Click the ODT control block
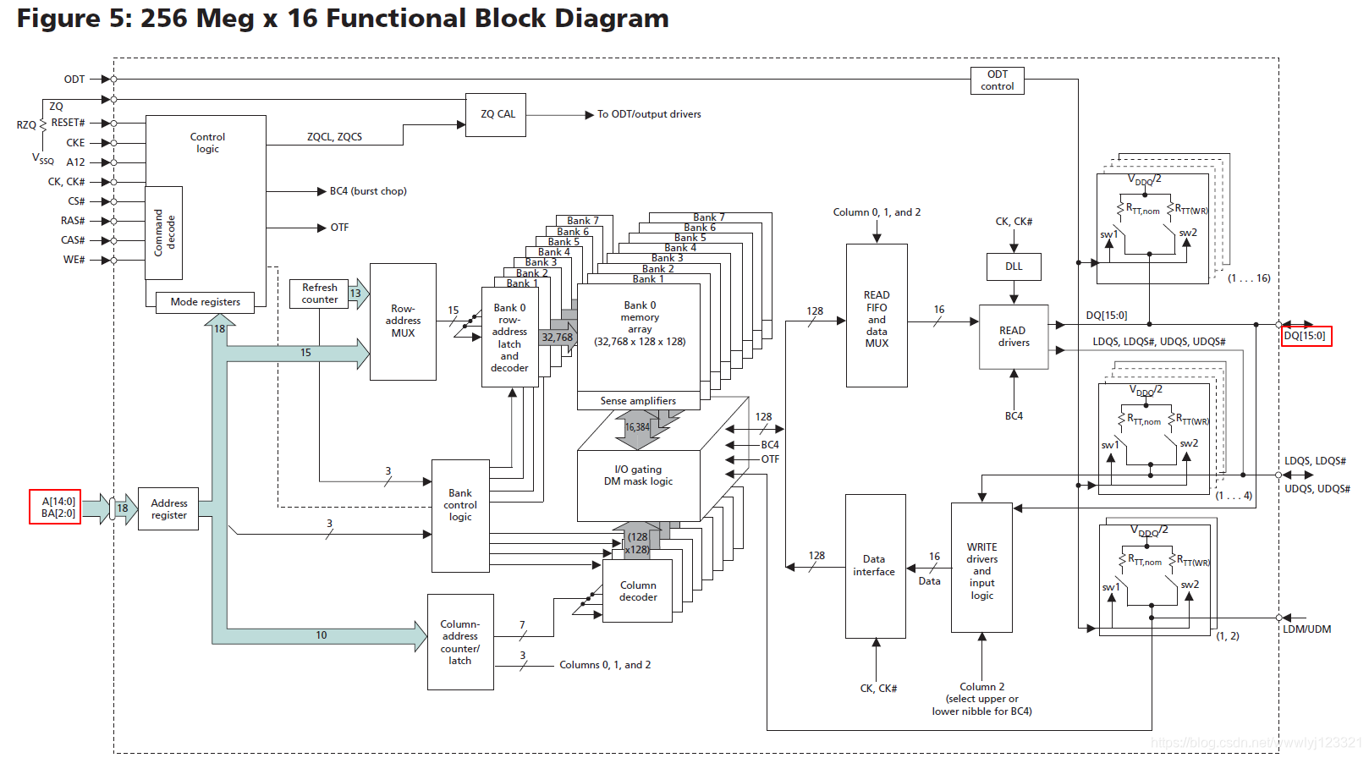[998, 80]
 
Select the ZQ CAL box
[497, 114]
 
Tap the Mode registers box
[206, 302]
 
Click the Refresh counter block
[319, 294]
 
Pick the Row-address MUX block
[403, 321]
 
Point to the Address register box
[169, 509]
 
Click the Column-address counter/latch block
[460, 642]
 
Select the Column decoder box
[638, 591]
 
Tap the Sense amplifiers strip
[638, 401]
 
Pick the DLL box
[1014, 266]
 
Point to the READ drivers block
[1014, 337]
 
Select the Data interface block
[875, 566]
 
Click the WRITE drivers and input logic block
[981, 568]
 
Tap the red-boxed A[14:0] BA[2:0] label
[55, 507]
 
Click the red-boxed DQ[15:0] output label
[1306, 336]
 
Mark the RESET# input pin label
[68, 123]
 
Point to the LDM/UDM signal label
[1306, 629]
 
